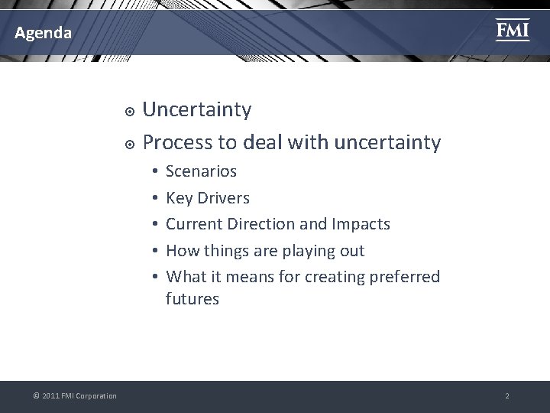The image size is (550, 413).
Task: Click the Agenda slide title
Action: click(44, 33)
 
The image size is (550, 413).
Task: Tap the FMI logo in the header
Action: click(512, 30)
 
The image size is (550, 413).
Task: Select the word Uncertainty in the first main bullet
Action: click(197, 110)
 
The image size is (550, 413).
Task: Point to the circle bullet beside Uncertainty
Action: click(130, 112)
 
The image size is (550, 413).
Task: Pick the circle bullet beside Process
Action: click(130, 144)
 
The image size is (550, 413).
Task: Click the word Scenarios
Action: click(201, 171)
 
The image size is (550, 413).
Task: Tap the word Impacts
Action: click(361, 224)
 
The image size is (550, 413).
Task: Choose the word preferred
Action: click(403, 276)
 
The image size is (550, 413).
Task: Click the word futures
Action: click(192, 299)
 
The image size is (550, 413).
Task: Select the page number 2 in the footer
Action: click(506, 396)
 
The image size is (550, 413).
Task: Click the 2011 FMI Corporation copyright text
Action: click(75, 396)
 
